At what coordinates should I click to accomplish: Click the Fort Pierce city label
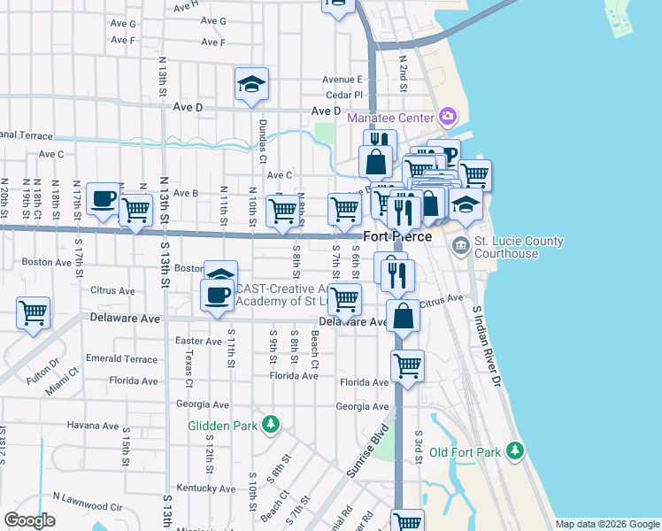(x=397, y=236)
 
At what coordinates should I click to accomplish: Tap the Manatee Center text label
(x=390, y=118)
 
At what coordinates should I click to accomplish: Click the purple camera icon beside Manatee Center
(x=448, y=117)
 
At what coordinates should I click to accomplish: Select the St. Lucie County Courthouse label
(x=520, y=247)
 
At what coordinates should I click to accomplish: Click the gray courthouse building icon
(x=461, y=244)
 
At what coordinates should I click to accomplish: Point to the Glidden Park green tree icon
(x=270, y=425)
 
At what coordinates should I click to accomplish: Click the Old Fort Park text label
(x=466, y=452)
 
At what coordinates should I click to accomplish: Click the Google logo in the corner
(x=29, y=520)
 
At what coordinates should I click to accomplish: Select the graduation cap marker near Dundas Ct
(x=251, y=85)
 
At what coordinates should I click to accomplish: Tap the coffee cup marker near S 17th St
(x=103, y=199)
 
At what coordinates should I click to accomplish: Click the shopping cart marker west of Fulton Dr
(x=33, y=313)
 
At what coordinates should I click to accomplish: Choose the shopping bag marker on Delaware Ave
(x=403, y=316)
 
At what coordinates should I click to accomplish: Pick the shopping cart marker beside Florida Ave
(x=407, y=365)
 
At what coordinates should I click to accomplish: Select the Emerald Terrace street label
(x=121, y=358)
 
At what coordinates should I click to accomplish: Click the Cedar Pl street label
(x=344, y=95)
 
